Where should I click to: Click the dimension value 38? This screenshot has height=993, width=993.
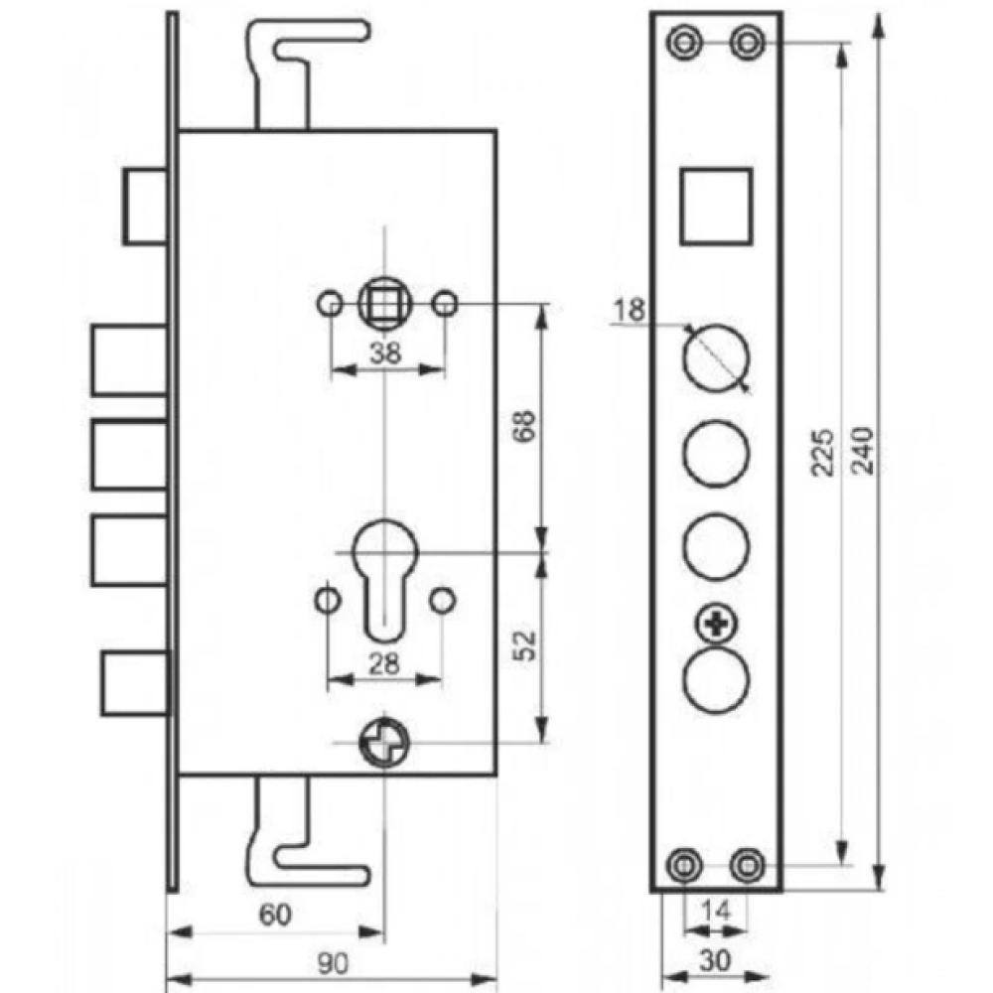(385, 353)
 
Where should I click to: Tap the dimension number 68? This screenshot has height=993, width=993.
(525, 426)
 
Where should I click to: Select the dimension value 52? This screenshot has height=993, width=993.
(525, 645)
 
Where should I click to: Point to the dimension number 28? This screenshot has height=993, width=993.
(383, 663)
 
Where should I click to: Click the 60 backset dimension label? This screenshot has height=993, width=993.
(275, 915)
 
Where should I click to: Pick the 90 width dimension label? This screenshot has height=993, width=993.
(333, 963)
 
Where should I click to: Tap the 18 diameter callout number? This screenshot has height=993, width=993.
(629, 310)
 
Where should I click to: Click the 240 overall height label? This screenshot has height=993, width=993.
(863, 451)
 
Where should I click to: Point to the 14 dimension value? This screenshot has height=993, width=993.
(716, 911)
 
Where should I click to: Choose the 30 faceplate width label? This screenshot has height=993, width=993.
(715, 960)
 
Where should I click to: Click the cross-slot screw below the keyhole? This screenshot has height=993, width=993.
(384, 742)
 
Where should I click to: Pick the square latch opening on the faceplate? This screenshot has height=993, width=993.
(716, 207)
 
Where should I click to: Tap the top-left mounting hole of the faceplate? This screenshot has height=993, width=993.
(684, 43)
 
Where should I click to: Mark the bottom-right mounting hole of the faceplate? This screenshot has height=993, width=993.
(748, 865)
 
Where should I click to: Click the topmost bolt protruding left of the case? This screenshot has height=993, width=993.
(146, 207)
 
